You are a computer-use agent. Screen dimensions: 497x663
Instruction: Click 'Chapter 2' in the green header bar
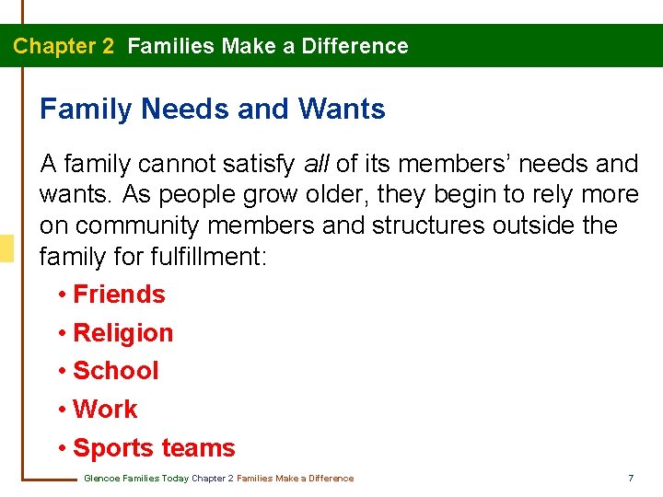[x=64, y=46]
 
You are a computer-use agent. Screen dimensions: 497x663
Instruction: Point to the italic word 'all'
[x=317, y=164]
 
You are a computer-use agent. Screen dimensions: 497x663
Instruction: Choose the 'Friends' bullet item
[x=119, y=295]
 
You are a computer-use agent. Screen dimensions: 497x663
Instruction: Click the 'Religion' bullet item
[x=122, y=333]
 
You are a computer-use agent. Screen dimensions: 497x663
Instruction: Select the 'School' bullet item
[x=115, y=371]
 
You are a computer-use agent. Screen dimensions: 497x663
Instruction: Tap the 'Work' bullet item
[x=105, y=410]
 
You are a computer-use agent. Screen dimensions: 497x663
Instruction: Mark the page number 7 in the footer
[x=631, y=479]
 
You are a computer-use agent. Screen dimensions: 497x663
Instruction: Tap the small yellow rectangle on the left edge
[x=6, y=249]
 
